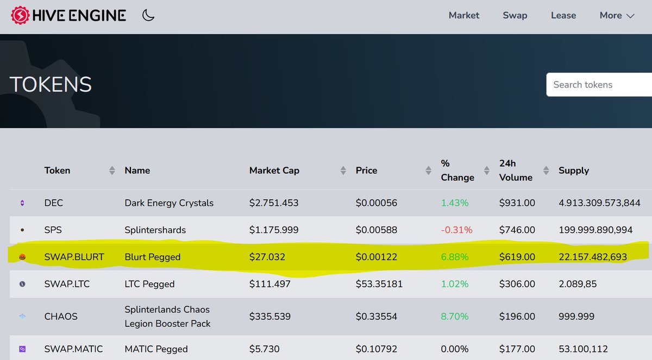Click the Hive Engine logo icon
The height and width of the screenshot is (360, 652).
[x=21, y=15]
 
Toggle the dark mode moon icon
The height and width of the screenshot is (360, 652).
[x=148, y=15]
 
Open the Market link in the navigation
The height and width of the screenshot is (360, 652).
[x=464, y=15]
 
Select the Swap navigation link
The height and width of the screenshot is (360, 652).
[x=515, y=15]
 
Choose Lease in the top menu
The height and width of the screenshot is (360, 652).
[x=563, y=15]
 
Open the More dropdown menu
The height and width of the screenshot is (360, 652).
[x=617, y=15]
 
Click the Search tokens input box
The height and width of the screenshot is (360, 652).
[x=598, y=85]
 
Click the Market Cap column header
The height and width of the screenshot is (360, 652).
[x=274, y=170]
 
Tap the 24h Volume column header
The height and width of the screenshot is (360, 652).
[x=516, y=170]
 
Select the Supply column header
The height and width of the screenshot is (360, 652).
[x=574, y=170]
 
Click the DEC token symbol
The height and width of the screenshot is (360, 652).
[x=54, y=203]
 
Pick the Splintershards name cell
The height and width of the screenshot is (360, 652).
[x=155, y=230]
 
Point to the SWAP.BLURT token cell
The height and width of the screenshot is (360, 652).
[x=74, y=257]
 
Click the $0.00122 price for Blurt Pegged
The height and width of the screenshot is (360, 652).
[x=377, y=257]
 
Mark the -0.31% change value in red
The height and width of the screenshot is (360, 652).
[x=456, y=230]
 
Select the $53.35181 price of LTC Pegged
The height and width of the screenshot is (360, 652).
[x=379, y=284]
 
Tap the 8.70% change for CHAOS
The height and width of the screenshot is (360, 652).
[x=455, y=317]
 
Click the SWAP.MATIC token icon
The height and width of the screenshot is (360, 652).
[x=22, y=349]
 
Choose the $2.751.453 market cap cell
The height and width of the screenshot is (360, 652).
[x=274, y=203]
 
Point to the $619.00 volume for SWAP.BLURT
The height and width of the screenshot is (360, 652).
[x=517, y=257]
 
